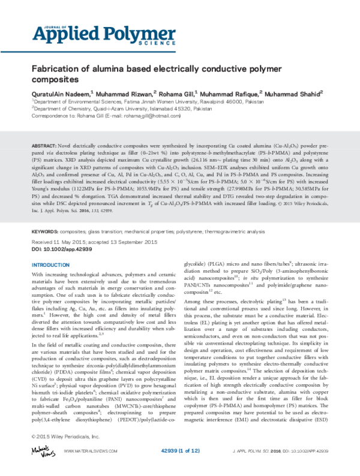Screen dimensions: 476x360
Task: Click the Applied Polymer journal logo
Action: click(x=73, y=36)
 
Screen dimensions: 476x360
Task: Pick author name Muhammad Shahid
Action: click(x=293, y=94)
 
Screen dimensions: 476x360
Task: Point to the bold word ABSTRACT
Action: click(x=43, y=146)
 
